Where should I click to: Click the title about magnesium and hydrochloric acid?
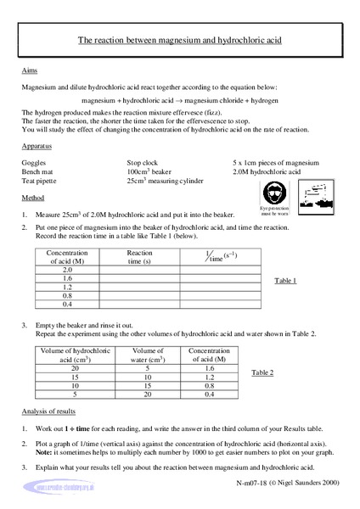(x=179, y=40)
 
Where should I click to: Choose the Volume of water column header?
(x=149, y=355)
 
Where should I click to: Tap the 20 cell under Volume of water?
(x=149, y=393)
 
